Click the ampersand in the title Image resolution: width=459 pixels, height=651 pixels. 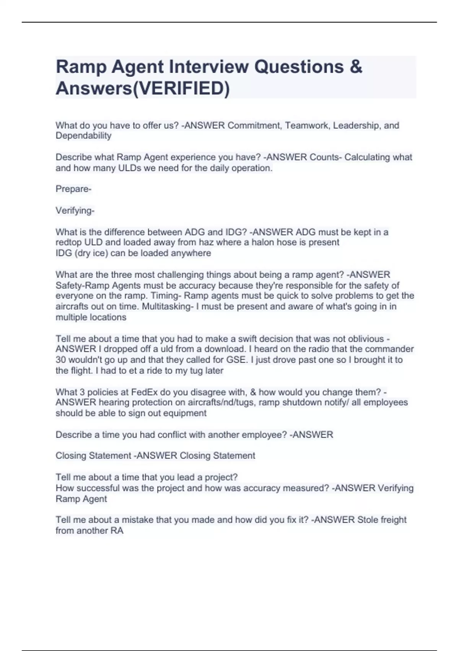pyautogui.click(x=356, y=67)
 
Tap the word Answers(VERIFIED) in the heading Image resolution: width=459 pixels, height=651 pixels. pyautogui.click(x=143, y=88)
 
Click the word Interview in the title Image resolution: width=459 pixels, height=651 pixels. pyautogui.click(x=209, y=67)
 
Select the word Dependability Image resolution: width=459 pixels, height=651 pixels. pyautogui.click(x=83, y=136)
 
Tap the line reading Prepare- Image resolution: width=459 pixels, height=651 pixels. pyautogui.click(x=73, y=189)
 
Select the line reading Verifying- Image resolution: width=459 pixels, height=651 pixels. pyautogui.click(x=75, y=210)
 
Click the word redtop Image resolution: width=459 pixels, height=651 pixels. pyautogui.click(x=68, y=242)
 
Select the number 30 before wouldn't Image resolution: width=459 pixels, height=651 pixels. pyautogui.click(x=61, y=360)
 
